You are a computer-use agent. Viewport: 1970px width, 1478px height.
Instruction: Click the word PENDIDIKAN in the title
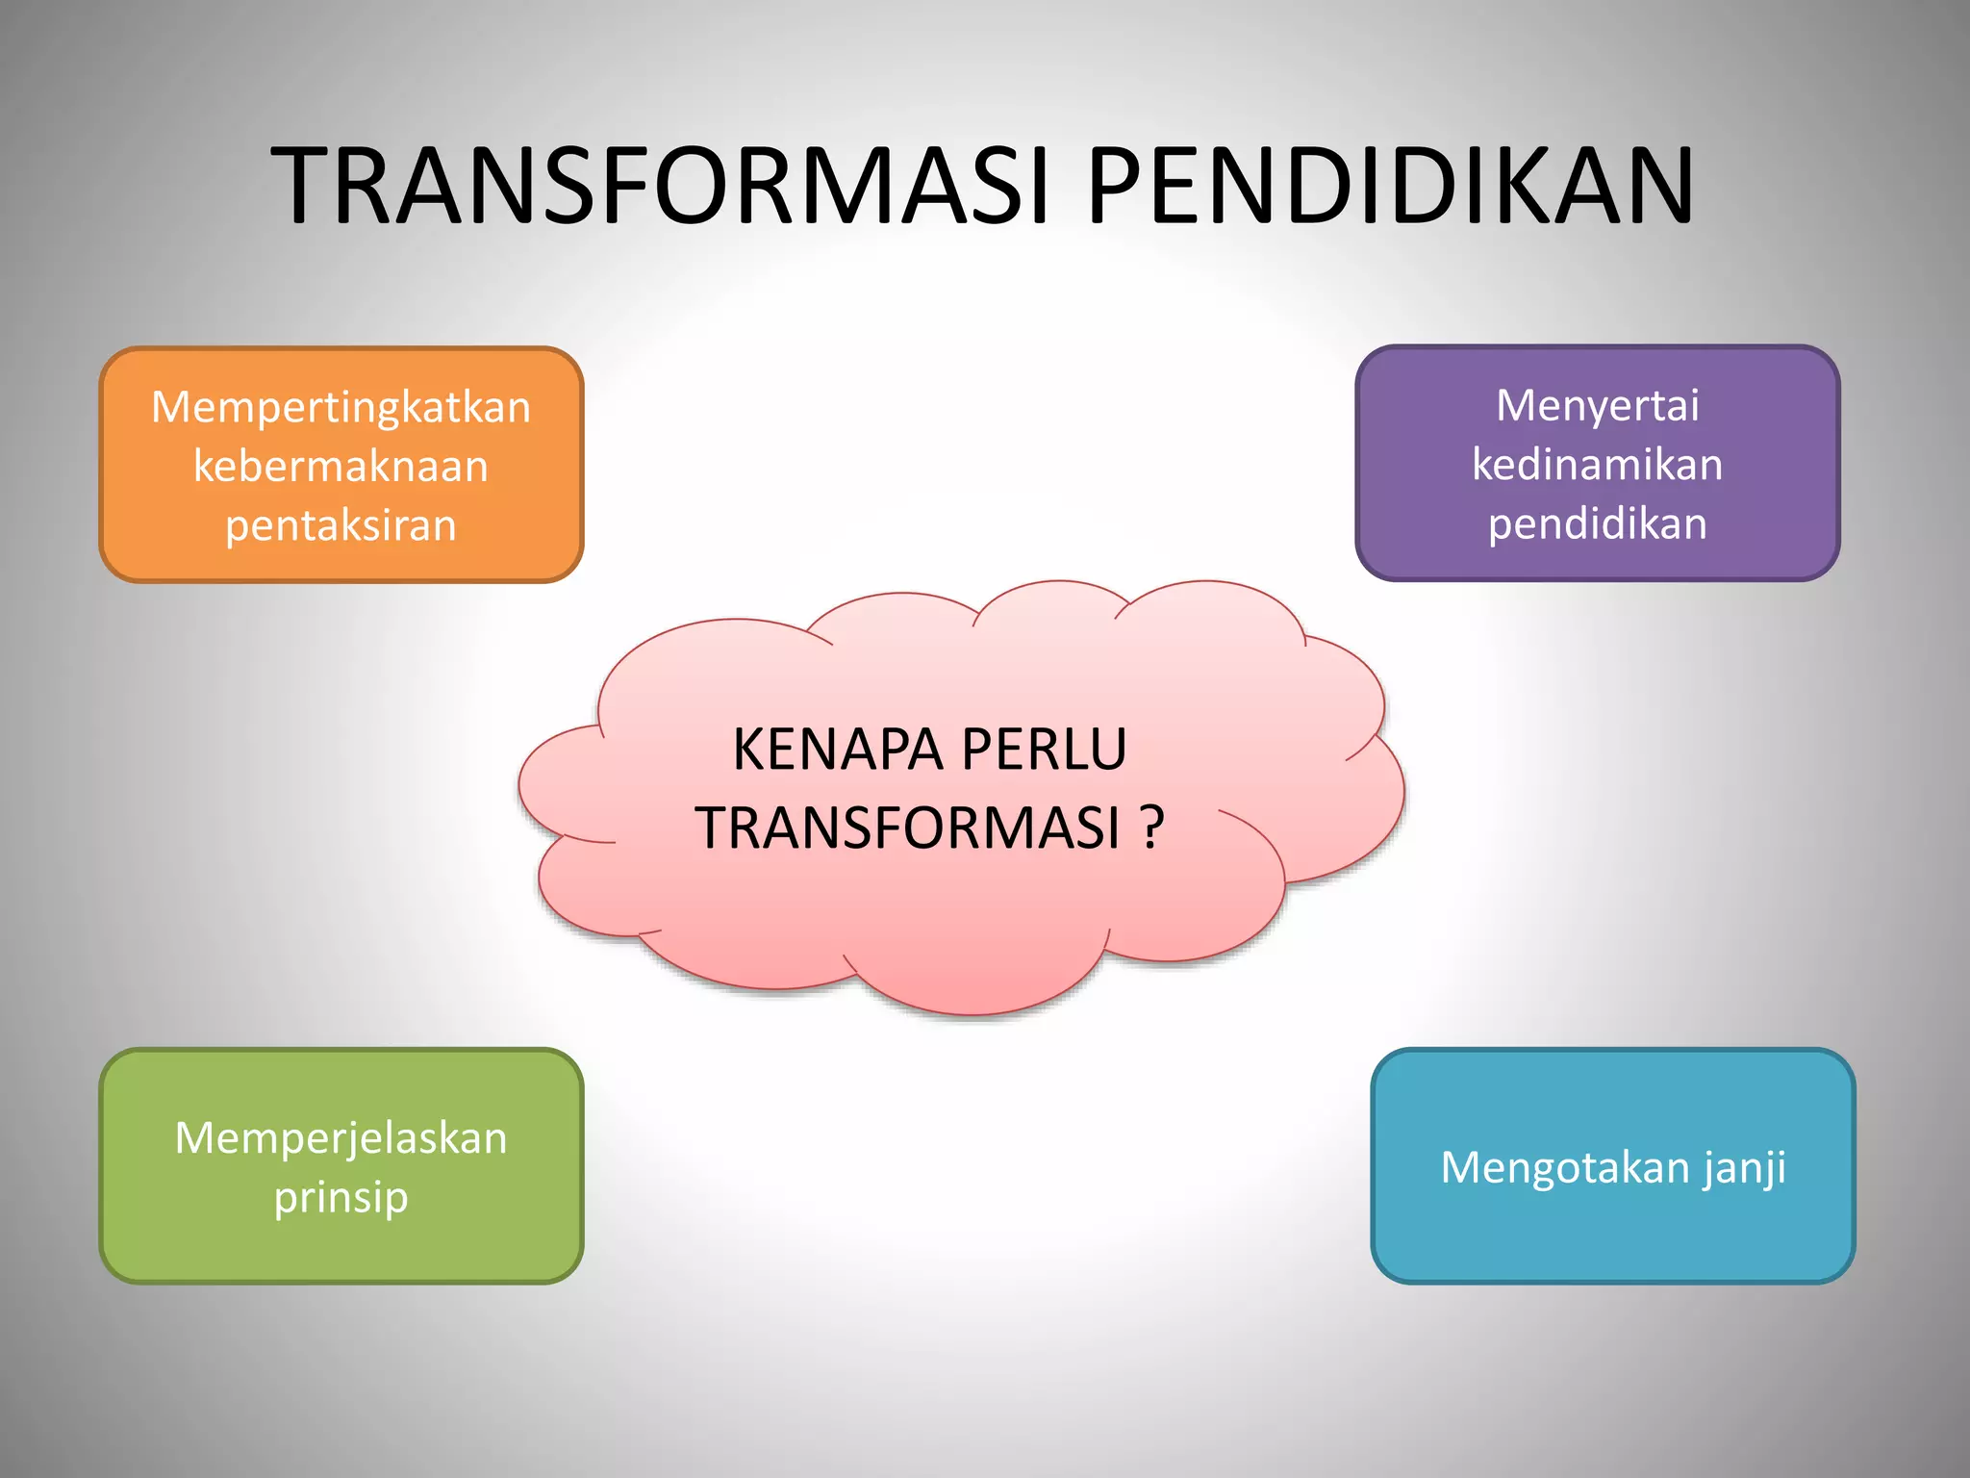pos(1390,186)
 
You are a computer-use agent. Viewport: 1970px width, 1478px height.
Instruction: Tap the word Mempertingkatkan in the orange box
pos(341,407)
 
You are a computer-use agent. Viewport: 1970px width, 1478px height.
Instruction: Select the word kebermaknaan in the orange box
pos(341,467)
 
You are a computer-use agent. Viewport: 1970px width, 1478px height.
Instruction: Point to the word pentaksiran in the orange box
pos(341,526)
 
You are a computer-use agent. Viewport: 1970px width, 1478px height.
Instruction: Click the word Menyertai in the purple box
pos(1597,405)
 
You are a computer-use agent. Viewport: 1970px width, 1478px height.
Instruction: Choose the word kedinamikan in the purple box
pos(1597,465)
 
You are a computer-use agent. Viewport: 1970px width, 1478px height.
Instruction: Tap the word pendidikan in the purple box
pos(1597,524)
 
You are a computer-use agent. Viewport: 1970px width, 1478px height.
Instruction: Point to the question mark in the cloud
pos(1152,828)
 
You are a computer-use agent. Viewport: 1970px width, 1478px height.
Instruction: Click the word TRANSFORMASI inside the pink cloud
pos(907,828)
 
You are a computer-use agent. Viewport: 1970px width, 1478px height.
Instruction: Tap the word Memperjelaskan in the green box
pos(341,1138)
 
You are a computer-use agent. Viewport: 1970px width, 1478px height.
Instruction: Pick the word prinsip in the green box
pos(341,1198)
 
